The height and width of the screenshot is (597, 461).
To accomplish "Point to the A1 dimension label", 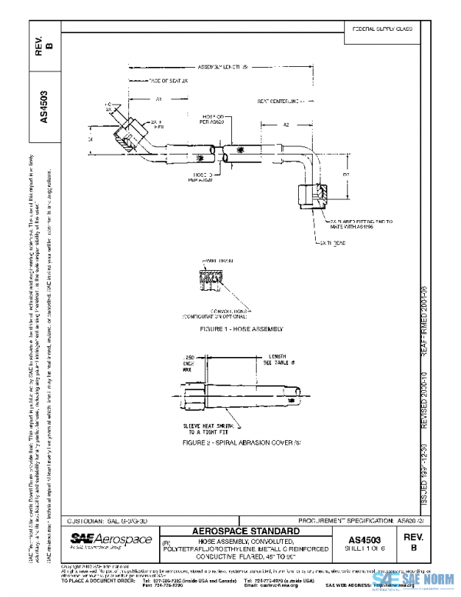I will tap(158, 100).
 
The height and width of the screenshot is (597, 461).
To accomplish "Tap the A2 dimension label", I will tap(285, 124).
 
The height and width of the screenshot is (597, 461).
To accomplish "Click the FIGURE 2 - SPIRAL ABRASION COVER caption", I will tap(231, 444).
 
